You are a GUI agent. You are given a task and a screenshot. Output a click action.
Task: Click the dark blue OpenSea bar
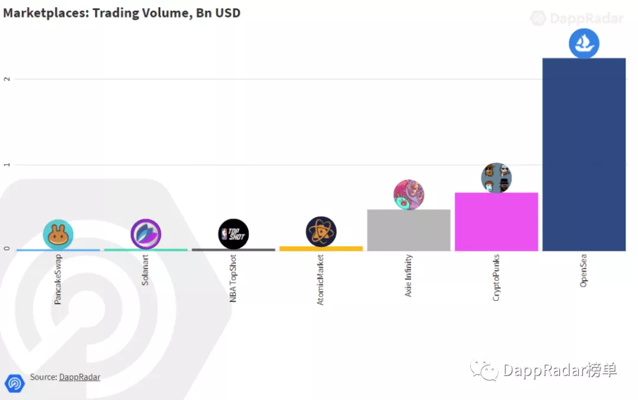[x=584, y=154]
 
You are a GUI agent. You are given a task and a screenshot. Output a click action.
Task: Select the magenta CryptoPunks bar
[x=496, y=221]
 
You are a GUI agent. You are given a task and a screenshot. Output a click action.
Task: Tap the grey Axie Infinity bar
[x=409, y=230]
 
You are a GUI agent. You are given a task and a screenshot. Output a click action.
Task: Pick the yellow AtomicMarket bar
[x=321, y=249]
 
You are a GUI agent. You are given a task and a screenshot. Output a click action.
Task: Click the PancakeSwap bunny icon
[x=58, y=234]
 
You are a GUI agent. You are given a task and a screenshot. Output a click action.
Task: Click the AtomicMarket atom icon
[x=321, y=231]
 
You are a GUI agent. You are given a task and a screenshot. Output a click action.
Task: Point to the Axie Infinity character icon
[x=409, y=195]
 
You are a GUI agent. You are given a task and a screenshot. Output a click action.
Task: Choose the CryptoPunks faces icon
[x=496, y=178]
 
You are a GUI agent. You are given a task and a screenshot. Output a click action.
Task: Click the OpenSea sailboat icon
[x=584, y=43]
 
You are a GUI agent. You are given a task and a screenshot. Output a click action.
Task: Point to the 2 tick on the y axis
[x=7, y=79]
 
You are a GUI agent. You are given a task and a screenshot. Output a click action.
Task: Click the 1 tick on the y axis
[x=7, y=164]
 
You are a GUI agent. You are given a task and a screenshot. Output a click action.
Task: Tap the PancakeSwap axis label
[x=58, y=280]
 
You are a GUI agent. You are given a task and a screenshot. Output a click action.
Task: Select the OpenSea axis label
[x=584, y=270]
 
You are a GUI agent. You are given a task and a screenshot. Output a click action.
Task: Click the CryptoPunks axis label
[x=496, y=278]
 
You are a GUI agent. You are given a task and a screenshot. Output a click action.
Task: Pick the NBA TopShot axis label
[x=233, y=279]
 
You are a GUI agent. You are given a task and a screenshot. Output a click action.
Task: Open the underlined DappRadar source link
[x=80, y=376]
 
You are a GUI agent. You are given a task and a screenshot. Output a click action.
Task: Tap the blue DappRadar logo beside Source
[x=15, y=383]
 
